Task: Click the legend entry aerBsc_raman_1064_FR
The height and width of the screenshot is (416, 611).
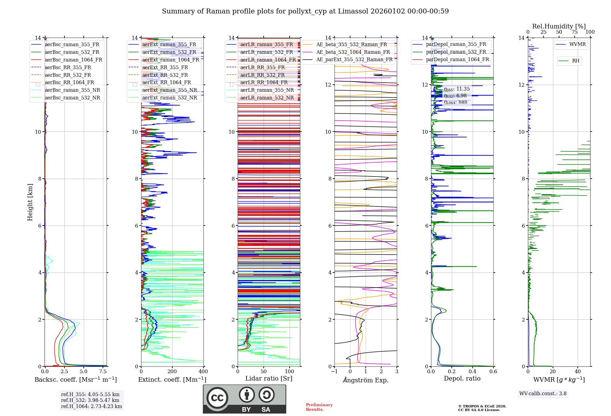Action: coord(73,60)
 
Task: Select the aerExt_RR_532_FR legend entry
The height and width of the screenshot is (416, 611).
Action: coord(165,75)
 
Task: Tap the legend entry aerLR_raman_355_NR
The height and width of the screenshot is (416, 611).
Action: coord(267,90)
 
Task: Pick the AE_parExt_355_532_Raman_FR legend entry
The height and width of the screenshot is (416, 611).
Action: coord(354,59)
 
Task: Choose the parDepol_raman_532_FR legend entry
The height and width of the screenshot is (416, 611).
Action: coord(456,52)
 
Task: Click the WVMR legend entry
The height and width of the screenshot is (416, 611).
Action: coord(577,44)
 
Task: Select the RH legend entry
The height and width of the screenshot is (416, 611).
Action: coord(576,61)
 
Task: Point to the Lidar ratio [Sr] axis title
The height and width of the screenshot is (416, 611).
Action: coord(269,378)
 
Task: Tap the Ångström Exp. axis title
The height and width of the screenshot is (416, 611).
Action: coord(366,380)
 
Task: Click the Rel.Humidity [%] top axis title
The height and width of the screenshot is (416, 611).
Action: coord(559,26)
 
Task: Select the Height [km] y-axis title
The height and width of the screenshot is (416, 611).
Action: coord(30,202)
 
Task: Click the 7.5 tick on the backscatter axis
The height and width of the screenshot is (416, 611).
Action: coord(103,372)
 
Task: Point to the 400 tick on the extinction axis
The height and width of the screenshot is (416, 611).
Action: coord(203,372)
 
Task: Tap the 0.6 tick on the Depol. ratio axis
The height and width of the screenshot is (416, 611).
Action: coord(493,372)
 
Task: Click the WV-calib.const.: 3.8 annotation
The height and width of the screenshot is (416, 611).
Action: coord(543,394)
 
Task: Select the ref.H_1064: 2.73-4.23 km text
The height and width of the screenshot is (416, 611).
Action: coord(91,407)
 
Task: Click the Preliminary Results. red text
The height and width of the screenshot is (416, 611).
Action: coord(319,407)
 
